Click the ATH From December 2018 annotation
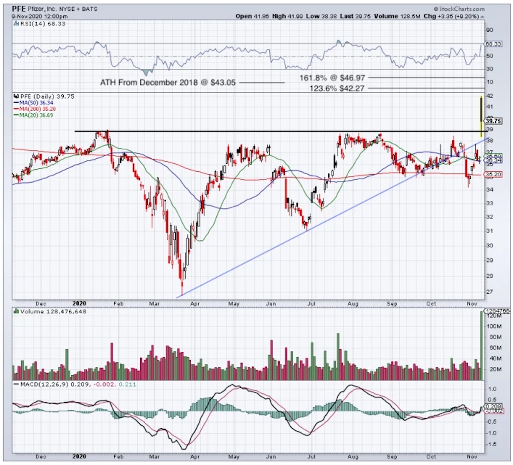[x=168, y=82]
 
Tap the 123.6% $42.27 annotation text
[x=337, y=88]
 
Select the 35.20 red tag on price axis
[x=493, y=174]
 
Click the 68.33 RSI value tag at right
[x=493, y=44]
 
